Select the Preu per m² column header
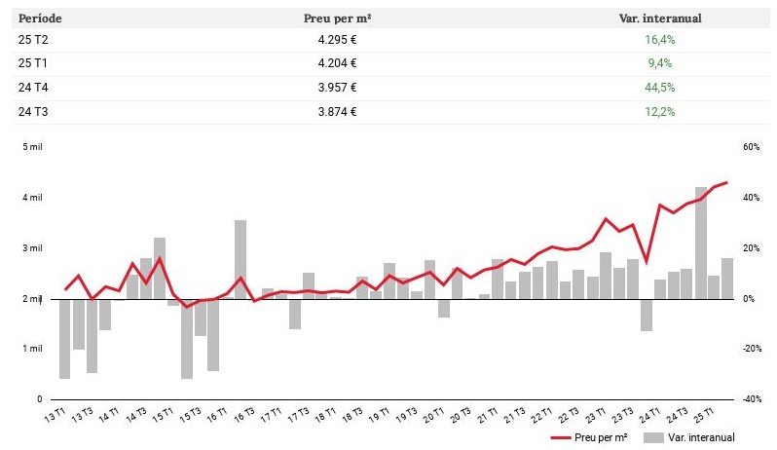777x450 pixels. click(337, 18)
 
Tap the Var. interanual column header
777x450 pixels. click(660, 18)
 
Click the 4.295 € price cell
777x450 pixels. click(337, 40)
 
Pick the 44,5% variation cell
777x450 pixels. click(660, 88)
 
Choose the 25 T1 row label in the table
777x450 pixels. click(32, 63)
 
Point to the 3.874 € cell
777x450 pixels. click(337, 111)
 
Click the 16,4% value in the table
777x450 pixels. click(660, 40)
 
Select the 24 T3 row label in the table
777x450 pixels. click(32, 111)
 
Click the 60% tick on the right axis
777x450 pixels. click(750, 147)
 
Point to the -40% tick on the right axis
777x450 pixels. click(750, 399)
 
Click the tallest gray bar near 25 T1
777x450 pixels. click(700, 244)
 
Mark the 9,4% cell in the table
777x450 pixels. click(660, 63)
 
